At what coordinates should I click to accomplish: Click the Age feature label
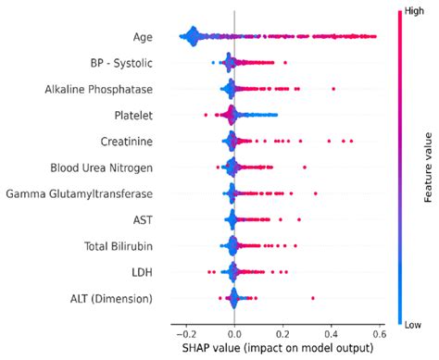pyautogui.click(x=142, y=37)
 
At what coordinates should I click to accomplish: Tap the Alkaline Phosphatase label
pyautogui.click(x=99, y=89)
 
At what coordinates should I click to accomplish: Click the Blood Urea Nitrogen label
pyautogui.click(x=101, y=168)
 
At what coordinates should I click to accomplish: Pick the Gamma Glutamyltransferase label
pyautogui.click(x=80, y=193)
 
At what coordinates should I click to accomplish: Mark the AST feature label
pyautogui.click(x=143, y=220)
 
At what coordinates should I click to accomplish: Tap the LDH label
pyautogui.click(x=142, y=272)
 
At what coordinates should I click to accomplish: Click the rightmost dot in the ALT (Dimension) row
pyautogui.click(x=313, y=298)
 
